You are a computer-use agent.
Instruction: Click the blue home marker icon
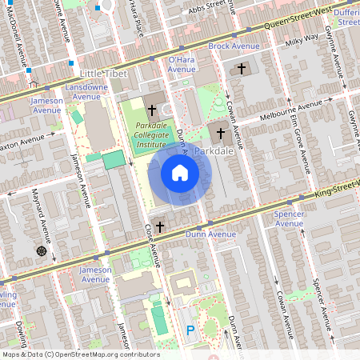180,173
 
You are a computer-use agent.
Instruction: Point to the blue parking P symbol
190,330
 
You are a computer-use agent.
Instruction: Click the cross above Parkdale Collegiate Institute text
152,108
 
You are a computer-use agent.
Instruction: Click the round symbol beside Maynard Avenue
41,251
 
